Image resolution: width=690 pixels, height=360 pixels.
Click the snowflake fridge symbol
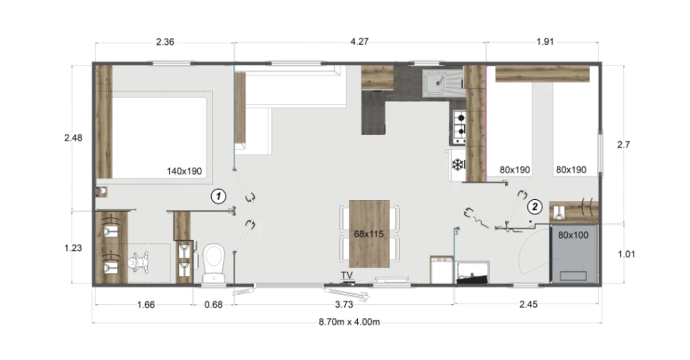pos(458,165)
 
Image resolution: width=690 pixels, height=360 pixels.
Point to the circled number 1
pos(218,197)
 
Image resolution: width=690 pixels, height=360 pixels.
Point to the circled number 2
pos(535,206)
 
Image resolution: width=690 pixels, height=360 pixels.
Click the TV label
pos(347,275)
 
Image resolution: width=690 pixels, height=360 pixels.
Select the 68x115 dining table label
pos(368,234)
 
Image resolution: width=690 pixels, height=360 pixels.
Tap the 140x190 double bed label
pos(184,171)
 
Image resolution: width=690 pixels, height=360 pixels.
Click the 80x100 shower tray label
pos(573,235)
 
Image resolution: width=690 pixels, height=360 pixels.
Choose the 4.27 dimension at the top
pos(359,41)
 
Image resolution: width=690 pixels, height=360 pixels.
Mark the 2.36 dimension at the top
pos(165,42)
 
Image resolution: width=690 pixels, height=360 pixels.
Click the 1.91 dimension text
pos(545,42)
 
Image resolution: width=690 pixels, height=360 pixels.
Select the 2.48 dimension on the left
pos(73,138)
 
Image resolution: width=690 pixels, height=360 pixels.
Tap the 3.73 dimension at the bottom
pos(344,305)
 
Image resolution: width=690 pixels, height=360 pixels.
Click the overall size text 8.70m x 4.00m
pos(349,321)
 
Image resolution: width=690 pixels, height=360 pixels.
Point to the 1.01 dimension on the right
pos(627,254)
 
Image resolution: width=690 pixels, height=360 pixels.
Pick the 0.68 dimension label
pos(213,305)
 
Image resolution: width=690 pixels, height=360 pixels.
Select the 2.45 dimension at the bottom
pos(528,305)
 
